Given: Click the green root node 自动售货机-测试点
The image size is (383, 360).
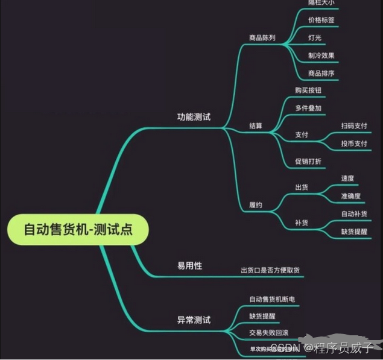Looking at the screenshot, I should (78, 229).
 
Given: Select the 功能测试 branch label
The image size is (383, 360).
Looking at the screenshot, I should (193, 116).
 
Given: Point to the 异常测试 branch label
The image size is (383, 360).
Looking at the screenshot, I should (193, 320).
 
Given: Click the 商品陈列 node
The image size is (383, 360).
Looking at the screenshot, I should (262, 37).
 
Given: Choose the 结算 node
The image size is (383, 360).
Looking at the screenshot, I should (256, 126).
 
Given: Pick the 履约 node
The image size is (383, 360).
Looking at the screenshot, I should (256, 205).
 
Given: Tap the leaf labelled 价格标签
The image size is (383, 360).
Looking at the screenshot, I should (321, 20).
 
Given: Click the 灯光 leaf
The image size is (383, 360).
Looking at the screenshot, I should (314, 37).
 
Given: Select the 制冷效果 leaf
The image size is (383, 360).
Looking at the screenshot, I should (321, 55).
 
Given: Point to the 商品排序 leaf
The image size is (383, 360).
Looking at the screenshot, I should (321, 74).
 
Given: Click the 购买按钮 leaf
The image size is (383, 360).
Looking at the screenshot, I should (308, 90).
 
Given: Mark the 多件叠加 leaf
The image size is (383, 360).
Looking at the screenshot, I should (308, 108).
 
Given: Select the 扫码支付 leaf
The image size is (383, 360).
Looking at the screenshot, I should (354, 125).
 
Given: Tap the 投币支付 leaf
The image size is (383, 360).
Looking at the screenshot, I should (354, 144).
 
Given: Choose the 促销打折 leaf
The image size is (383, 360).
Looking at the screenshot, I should (308, 161).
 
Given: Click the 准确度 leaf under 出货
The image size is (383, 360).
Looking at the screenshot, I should (351, 196).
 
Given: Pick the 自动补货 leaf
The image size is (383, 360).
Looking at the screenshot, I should (354, 213).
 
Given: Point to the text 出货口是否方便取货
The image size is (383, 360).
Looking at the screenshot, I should (270, 270).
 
